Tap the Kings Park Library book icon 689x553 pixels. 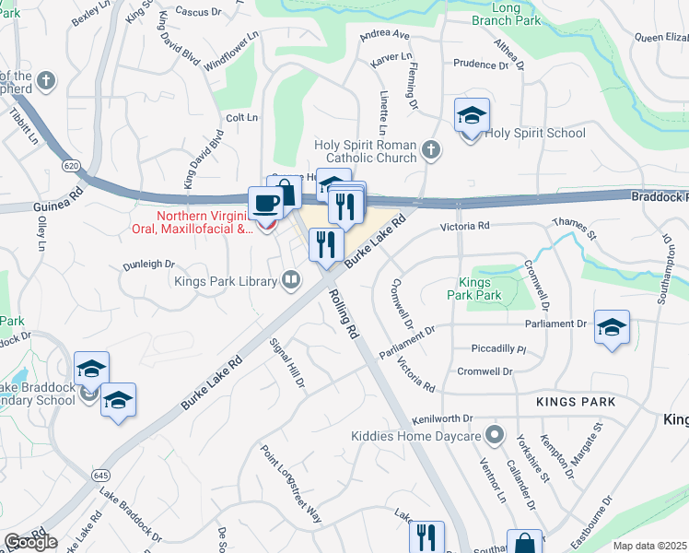(x=291, y=278)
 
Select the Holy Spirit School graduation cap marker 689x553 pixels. (x=471, y=117)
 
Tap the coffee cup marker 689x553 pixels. (x=266, y=204)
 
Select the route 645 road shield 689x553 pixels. (x=100, y=475)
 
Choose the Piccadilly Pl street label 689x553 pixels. (x=497, y=350)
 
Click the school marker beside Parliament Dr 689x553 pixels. (x=612, y=328)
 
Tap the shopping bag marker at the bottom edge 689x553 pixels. (x=524, y=543)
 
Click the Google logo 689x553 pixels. (x=29, y=542)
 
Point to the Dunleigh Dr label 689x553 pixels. (x=149, y=264)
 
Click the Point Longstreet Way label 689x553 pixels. (x=291, y=485)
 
